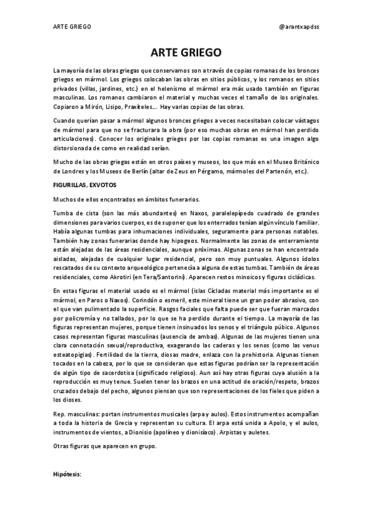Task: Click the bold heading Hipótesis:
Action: pos(68,475)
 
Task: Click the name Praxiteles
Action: pos(145,106)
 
